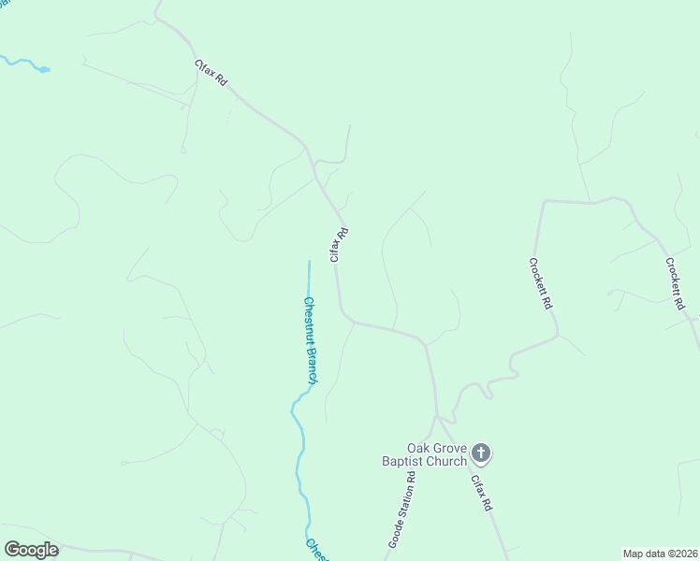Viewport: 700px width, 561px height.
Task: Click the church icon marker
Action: coord(481,454)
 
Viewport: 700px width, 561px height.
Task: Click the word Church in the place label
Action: coord(447,460)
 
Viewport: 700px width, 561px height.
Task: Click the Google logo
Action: coord(31,550)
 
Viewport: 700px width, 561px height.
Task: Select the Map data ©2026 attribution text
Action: coord(659,554)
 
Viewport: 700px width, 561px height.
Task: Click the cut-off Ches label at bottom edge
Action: coord(315,550)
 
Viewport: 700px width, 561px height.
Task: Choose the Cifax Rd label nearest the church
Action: coord(481,493)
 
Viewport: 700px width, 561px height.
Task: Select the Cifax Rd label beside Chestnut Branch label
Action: coord(339,245)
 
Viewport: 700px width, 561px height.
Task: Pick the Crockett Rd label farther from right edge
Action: coord(539,283)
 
